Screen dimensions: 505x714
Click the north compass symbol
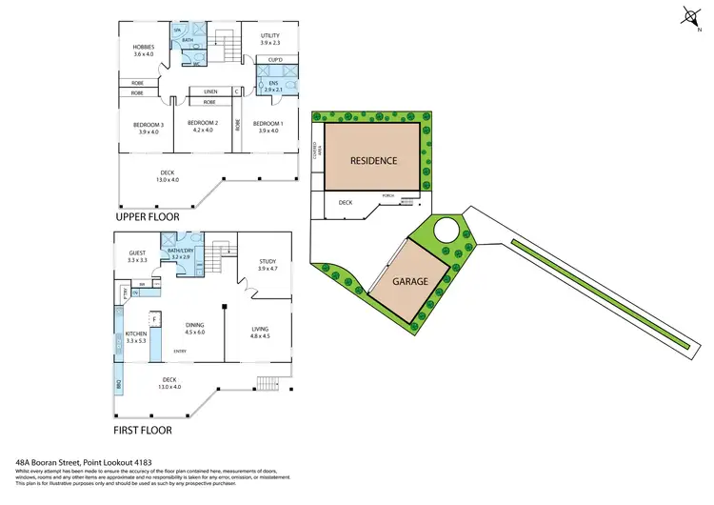pos(689,15)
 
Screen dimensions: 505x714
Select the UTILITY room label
pos(269,39)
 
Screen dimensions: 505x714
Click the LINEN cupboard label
pos(210,92)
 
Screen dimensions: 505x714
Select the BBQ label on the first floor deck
pos(118,386)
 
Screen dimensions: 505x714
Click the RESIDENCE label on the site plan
pos(373,160)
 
